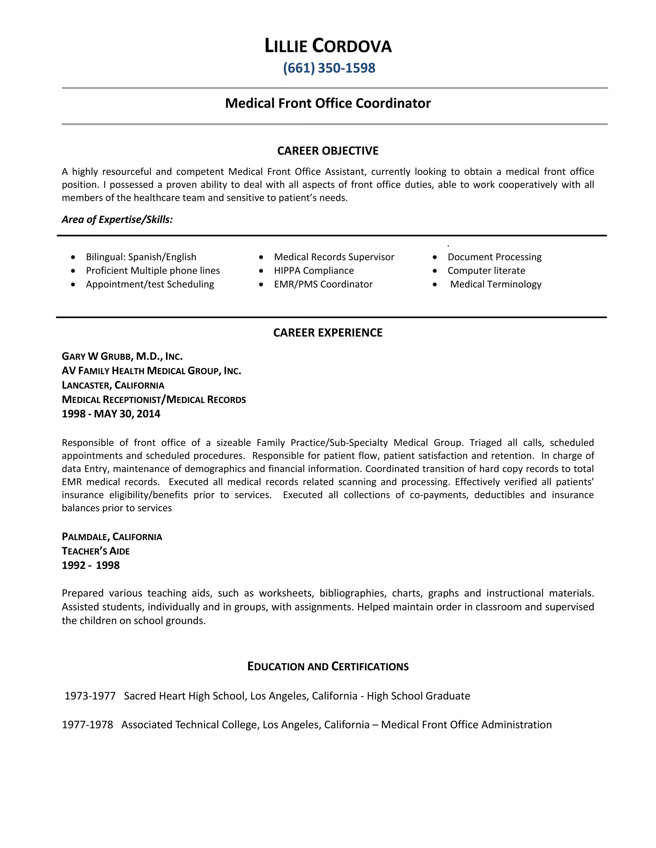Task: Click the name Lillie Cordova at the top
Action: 328,46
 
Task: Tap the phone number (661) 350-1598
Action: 329,68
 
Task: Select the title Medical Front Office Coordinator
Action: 328,103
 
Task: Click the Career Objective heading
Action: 328,151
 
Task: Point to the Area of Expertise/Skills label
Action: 117,220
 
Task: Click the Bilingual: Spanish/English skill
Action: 141,257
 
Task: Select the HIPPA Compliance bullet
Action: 314,271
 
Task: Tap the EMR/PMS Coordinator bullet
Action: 323,284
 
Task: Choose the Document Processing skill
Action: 494,257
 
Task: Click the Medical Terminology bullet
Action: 496,284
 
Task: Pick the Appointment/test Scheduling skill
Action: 150,284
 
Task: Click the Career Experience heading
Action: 328,333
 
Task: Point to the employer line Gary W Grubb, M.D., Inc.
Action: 122,356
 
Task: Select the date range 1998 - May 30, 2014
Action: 111,414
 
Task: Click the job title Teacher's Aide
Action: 95,551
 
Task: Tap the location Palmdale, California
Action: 112,537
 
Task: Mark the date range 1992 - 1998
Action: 91,565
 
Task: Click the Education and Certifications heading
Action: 328,667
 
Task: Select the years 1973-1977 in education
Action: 90,696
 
